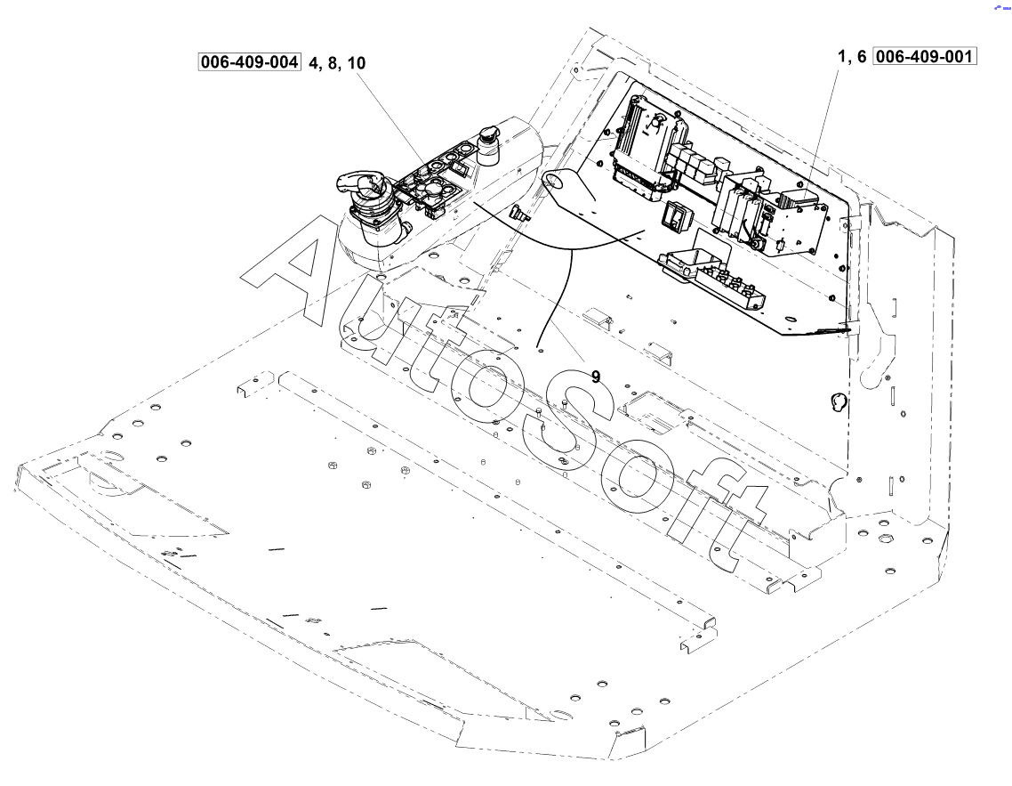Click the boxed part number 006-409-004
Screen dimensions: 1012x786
pos(250,63)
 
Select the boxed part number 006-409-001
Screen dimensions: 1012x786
pos(926,56)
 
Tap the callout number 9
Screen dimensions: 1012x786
pos(595,376)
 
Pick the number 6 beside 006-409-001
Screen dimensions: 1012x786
pos(860,56)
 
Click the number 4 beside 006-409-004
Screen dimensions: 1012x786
pos(313,63)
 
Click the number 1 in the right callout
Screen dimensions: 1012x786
pos(840,56)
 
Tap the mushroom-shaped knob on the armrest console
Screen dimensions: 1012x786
pos(488,144)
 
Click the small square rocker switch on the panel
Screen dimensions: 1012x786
pos(678,215)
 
